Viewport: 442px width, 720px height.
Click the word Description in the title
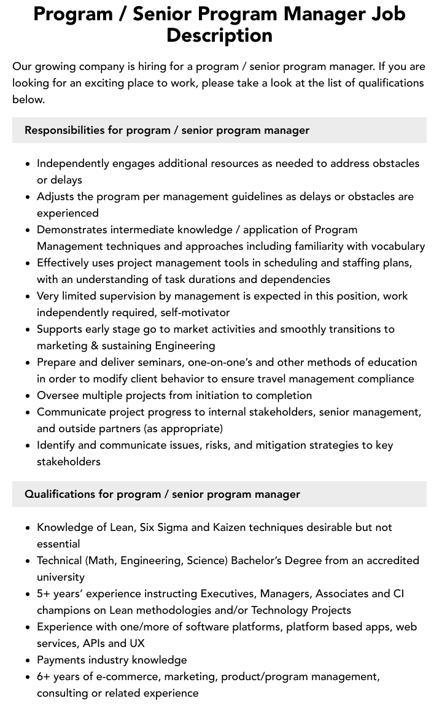pos(219,35)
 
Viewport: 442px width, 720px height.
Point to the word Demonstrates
pos(72,230)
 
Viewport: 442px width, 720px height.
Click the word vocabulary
pos(397,246)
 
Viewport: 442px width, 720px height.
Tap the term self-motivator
pos(195,312)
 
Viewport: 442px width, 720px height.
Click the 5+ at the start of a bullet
pos(44,594)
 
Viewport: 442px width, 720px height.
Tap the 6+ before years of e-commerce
pos(44,676)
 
